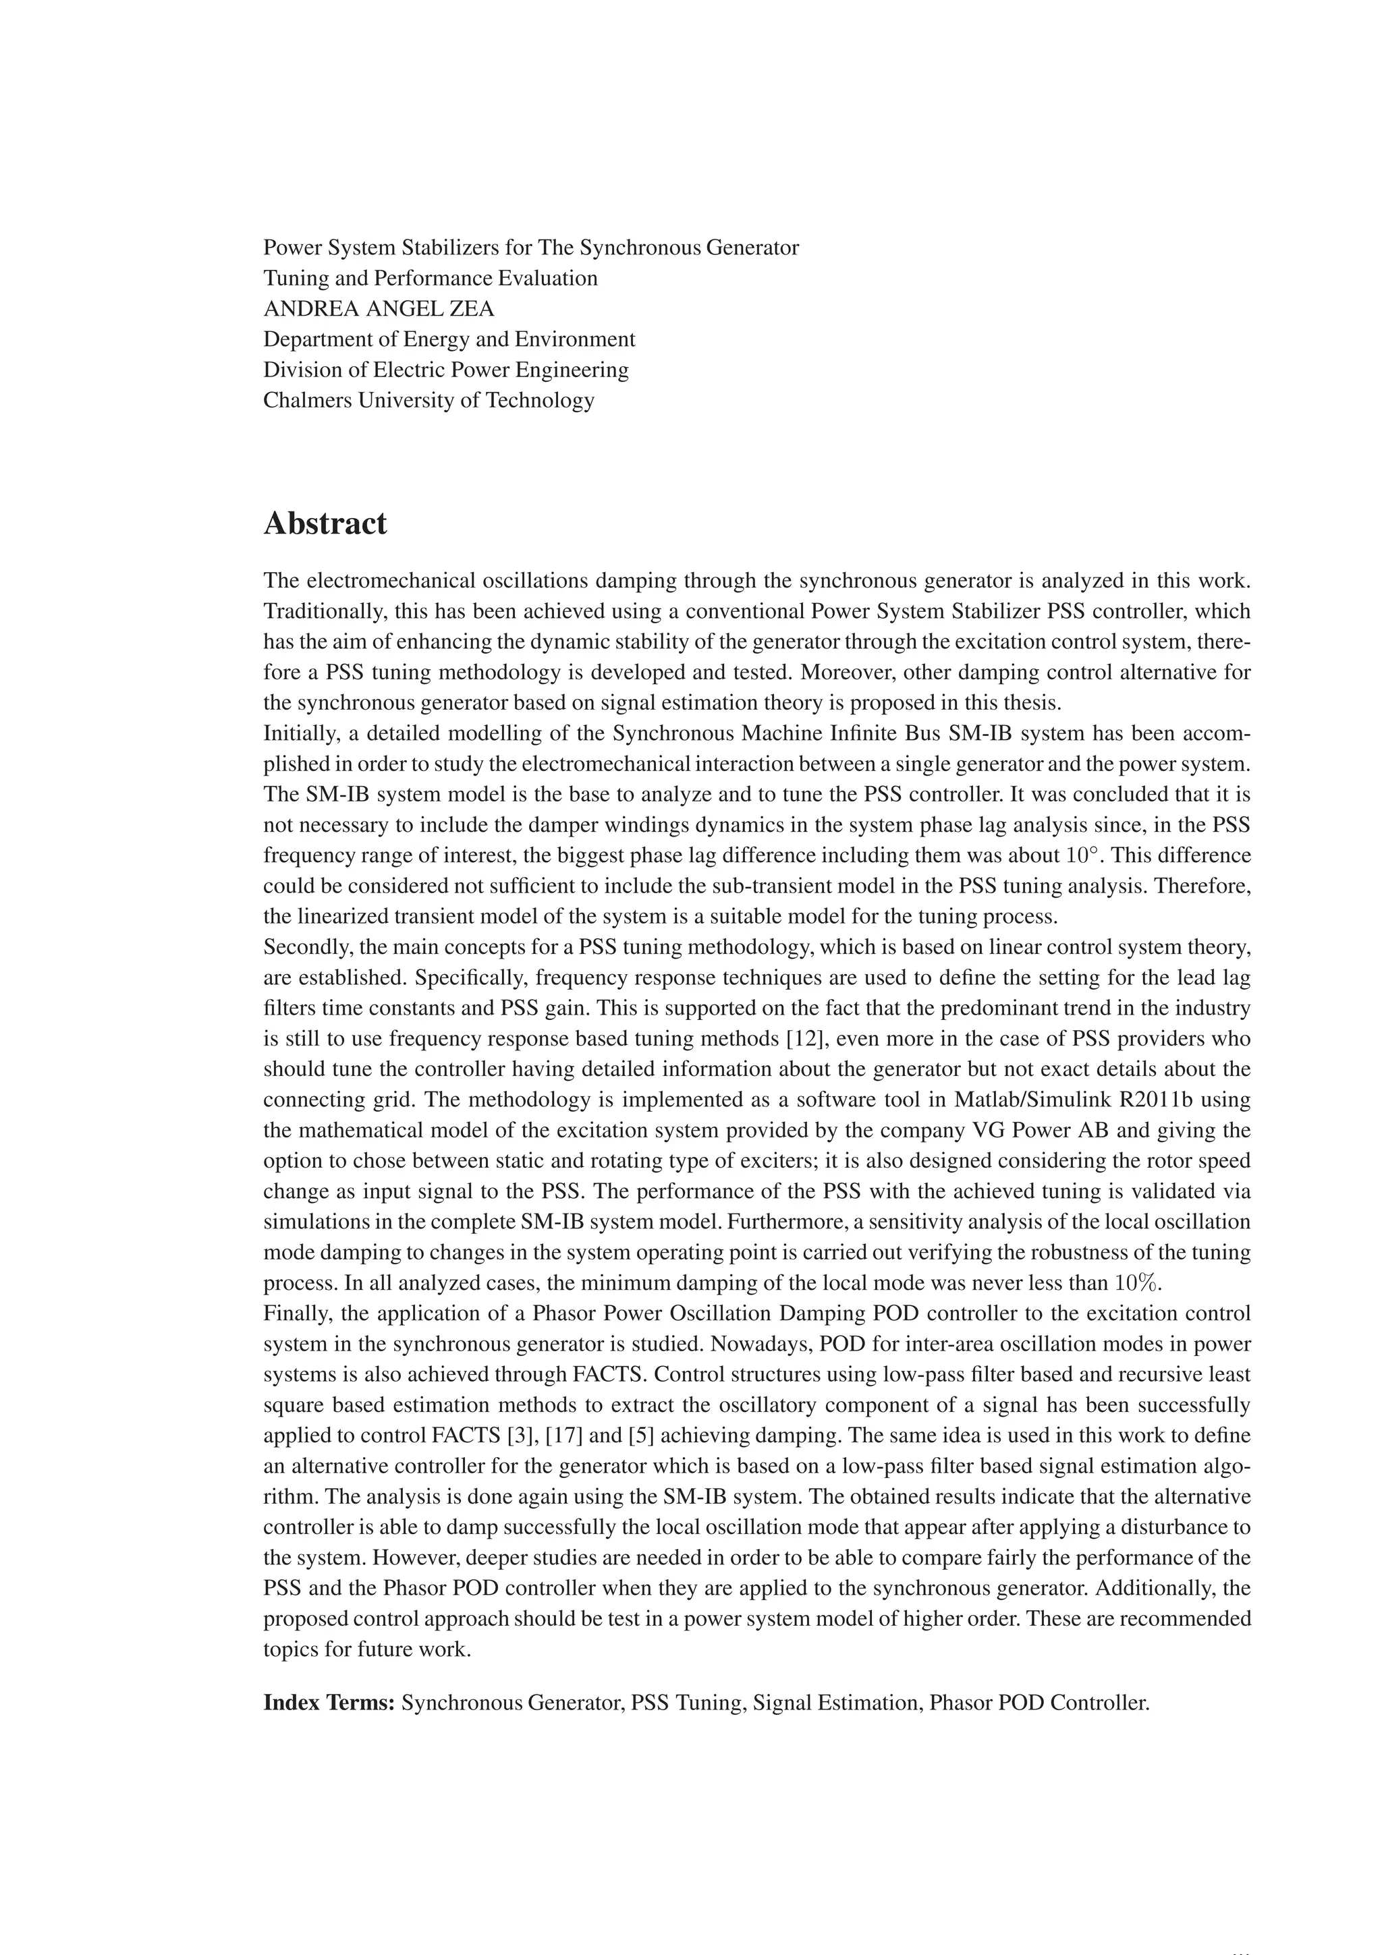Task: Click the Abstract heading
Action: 325,523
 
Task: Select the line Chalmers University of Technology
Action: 429,400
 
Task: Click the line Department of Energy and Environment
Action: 449,339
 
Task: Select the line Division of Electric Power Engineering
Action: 445,370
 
